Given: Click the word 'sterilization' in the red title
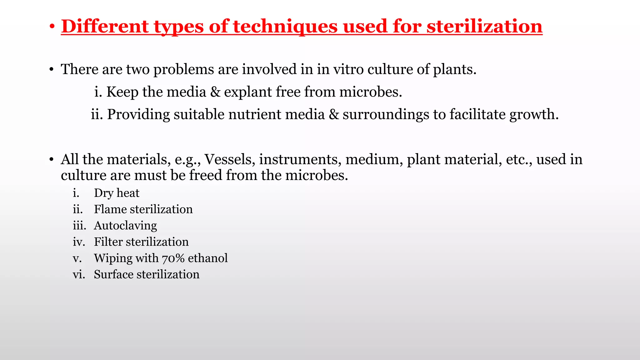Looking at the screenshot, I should click(x=484, y=26).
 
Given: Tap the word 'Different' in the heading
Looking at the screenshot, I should click(x=105, y=26).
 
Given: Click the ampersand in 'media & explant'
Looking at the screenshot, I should click(x=215, y=92).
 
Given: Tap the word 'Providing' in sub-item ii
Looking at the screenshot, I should click(x=138, y=114).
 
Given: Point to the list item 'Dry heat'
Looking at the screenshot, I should click(x=117, y=193).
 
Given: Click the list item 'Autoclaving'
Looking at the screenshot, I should click(x=125, y=226).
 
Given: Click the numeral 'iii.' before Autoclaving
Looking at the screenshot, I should click(x=79, y=226).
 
